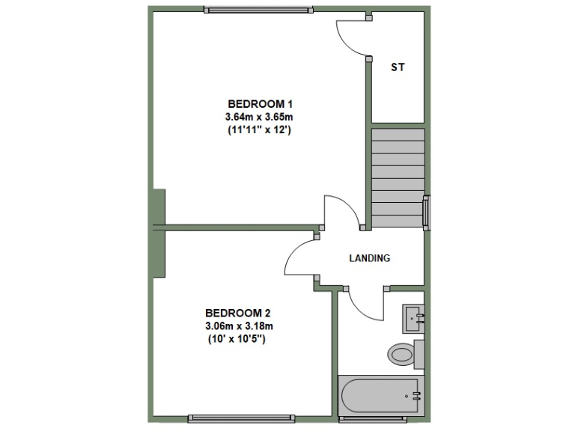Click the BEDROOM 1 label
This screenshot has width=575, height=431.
pos(258,103)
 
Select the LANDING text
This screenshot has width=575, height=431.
pos(370,259)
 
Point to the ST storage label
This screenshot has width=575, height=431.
pos(398,67)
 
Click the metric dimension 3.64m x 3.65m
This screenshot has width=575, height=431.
pos(259,117)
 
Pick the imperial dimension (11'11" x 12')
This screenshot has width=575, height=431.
pos(259,129)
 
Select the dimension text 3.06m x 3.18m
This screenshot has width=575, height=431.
pos(239,325)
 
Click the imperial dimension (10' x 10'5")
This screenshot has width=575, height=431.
pos(239,339)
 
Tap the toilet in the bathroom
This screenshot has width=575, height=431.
pos(403,352)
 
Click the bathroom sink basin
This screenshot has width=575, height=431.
pos(414,319)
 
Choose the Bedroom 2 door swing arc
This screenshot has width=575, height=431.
pos(300,258)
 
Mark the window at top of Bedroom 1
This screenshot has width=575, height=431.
pos(258,10)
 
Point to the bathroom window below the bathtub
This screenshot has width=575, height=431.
pos(373,418)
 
